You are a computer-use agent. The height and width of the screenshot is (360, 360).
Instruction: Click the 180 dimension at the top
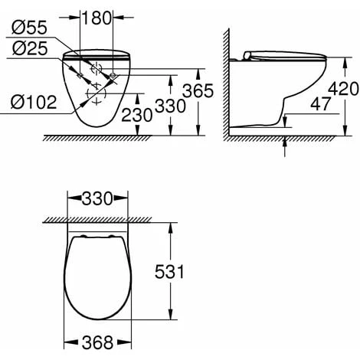(x=97, y=18)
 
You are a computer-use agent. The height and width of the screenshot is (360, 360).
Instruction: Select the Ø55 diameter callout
(x=29, y=28)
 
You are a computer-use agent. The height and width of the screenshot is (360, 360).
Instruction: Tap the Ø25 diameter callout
(x=30, y=48)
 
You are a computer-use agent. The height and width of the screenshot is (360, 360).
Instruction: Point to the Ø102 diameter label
(x=34, y=102)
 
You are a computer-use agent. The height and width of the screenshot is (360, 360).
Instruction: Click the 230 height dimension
(x=137, y=115)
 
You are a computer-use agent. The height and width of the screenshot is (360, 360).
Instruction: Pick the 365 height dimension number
(x=198, y=90)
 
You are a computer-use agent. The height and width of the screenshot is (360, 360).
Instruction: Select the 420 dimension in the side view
(x=343, y=89)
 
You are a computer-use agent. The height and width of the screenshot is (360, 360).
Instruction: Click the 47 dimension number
(x=320, y=104)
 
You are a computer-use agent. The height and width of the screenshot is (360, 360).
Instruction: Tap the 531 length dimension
(x=169, y=271)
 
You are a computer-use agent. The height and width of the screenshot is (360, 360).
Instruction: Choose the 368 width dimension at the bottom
(x=97, y=342)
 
